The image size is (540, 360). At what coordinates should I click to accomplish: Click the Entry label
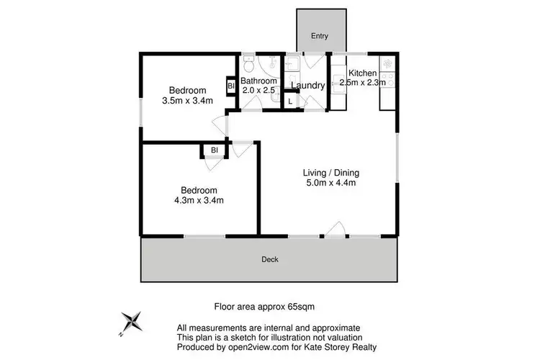click(318, 36)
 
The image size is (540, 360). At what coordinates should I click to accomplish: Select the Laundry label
click(308, 86)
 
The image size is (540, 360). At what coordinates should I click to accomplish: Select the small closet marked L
click(290, 102)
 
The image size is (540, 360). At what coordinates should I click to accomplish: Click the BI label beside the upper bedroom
click(231, 86)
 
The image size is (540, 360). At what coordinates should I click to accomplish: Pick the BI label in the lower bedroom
click(215, 150)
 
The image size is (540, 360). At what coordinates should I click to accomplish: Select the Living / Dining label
click(330, 173)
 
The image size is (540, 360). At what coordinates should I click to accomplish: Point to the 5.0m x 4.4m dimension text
click(330, 184)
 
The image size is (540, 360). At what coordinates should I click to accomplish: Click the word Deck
click(270, 259)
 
